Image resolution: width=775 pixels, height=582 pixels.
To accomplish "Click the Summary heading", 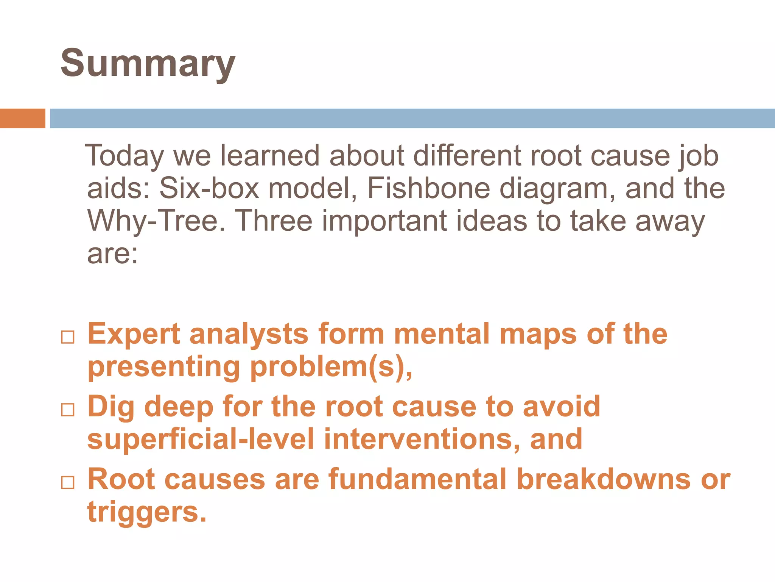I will [148, 64].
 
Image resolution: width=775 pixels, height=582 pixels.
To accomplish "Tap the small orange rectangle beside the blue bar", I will [22, 118].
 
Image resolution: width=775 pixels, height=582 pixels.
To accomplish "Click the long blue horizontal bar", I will [412, 118].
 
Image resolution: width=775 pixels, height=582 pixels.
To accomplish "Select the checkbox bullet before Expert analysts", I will [68, 337].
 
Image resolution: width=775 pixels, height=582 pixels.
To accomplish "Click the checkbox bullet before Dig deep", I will [68, 410].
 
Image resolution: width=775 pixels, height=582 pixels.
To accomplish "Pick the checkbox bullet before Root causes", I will [68, 482].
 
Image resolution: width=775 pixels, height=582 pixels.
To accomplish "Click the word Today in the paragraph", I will [124, 156].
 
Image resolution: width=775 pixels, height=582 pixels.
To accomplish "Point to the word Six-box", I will [209, 188].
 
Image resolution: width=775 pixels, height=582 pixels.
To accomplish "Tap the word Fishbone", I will [428, 188].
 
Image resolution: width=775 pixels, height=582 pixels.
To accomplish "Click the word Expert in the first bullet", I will [134, 334].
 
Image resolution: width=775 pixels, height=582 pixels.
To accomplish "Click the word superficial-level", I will [201, 439].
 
